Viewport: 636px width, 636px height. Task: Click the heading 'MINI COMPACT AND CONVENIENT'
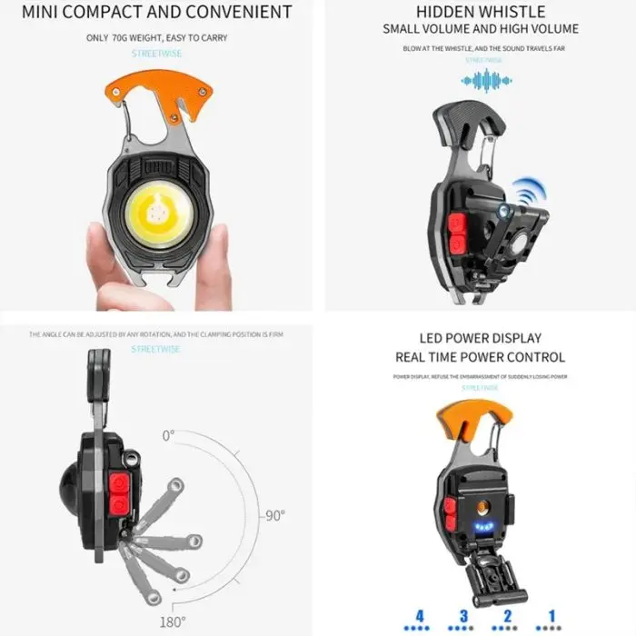point(157,13)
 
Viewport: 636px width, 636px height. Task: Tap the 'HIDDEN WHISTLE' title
point(481,12)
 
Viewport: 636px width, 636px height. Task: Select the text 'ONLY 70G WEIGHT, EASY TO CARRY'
point(157,38)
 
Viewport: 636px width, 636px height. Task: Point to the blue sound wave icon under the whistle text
point(481,80)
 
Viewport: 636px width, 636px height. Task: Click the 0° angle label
point(167,435)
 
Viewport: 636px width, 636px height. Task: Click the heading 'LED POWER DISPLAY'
point(480,336)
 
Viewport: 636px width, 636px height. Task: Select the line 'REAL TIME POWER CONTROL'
point(480,357)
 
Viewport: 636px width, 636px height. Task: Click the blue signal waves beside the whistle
point(524,194)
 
